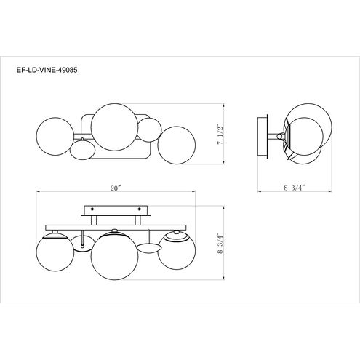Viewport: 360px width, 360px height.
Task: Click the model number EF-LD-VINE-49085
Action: tap(47, 70)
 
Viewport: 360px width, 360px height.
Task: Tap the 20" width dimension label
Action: tap(116, 188)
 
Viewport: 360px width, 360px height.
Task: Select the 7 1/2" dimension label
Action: tap(220, 135)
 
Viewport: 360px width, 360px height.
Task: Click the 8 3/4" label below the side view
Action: tap(295, 188)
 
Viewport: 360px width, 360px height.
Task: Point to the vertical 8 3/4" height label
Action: tap(220, 243)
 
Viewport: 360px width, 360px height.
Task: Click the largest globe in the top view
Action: tap(114, 127)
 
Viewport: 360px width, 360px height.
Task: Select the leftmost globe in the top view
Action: tap(55, 136)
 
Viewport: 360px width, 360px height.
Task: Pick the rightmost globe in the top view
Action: tap(176, 145)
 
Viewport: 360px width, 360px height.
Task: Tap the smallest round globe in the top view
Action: tap(149, 129)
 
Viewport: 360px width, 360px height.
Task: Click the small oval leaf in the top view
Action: tap(82, 150)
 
